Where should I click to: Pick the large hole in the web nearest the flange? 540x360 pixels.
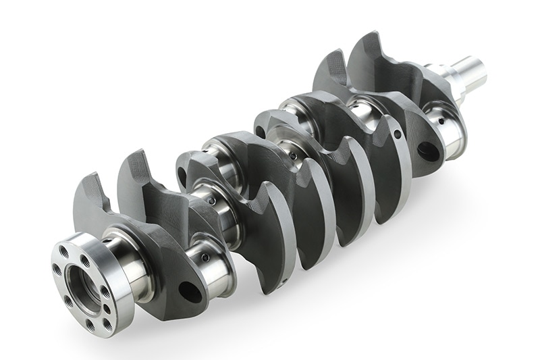(x=189, y=292)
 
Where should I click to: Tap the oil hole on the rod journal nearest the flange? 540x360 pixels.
(x=209, y=257)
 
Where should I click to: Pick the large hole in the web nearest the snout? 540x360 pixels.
(x=428, y=151)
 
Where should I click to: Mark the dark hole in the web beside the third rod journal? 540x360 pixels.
(x=259, y=132)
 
